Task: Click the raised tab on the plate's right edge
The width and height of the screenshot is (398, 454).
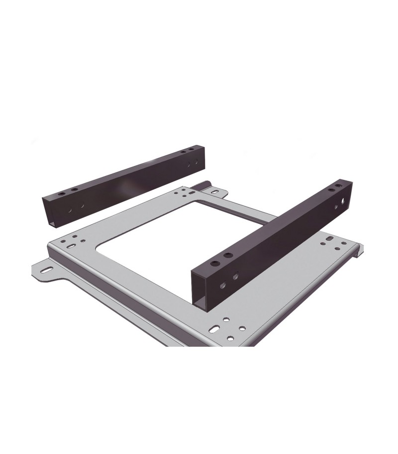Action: (x=357, y=249)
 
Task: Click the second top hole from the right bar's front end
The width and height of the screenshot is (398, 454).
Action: (x=228, y=256)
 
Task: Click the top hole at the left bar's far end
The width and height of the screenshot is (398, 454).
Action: (x=191, y=150)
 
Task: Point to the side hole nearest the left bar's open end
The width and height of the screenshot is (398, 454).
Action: (x=70, y=211)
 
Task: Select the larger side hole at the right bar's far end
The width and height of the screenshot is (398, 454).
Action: (x=344, y=202)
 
